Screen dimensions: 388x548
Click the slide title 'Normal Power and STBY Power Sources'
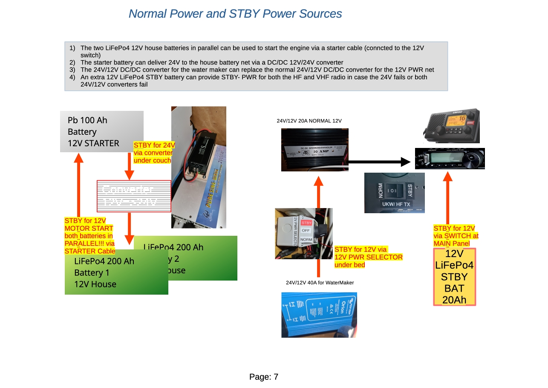tap(235, 14)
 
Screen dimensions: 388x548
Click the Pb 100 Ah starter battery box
tap(101, 131)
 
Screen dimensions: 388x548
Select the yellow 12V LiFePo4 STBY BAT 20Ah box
tap(454, 277)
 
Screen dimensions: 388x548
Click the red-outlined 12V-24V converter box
tap(134, 196)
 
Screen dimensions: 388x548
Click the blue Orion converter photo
tap(319, 315)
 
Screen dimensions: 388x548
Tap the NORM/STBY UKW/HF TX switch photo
tap(395, 193)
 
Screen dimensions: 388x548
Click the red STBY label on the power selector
tap(306, 223)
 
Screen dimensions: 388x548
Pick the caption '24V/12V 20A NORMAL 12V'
tap(309, 121)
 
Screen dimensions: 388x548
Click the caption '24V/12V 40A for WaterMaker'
tap(320, 283)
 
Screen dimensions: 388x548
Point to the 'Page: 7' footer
tap(264, 377)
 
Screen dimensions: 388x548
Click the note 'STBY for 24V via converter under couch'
tap(153, 153)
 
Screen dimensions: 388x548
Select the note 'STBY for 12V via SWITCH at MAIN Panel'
tap(456, 236)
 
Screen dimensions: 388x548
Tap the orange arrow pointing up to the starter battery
tap(78, 183)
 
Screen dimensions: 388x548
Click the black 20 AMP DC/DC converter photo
tap(314, 150)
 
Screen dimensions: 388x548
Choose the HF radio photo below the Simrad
tap(450, 159)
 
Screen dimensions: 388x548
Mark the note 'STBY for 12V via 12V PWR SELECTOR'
tap(368, 257)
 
